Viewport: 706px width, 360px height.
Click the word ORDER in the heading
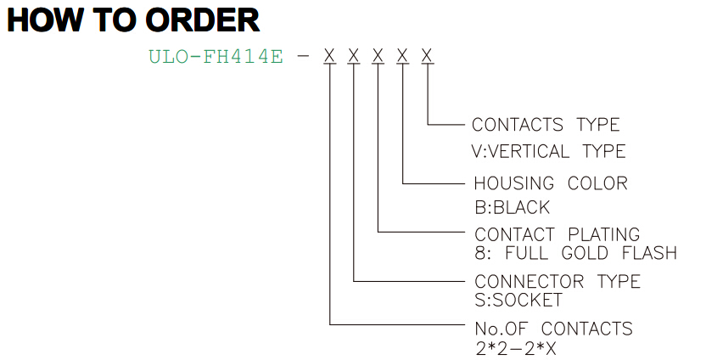point(203,20)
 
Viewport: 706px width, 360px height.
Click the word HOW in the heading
point(42,20)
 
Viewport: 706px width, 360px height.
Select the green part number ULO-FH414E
point(216,56)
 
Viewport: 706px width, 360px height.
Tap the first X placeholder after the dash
point(329,56)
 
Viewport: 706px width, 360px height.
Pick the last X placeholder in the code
point(427,56)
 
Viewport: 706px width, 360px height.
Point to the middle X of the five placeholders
point(378,56)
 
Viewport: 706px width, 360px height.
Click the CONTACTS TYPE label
point(546,124)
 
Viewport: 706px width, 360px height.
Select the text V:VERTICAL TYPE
point(548,151)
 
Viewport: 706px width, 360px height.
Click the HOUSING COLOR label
point(551,183)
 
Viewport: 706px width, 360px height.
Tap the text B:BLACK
point(512,207)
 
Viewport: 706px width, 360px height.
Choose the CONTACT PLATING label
point(557,234)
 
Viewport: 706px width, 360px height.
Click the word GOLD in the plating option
point(585,253)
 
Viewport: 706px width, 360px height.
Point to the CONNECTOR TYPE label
point(558,281)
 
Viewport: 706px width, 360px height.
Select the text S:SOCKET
point(518,300)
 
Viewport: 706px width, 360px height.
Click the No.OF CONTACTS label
point(554,329)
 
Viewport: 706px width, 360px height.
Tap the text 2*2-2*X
point(516,348)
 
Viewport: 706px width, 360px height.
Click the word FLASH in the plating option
point(649,253)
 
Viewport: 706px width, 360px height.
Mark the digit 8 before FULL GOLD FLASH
point(480,253)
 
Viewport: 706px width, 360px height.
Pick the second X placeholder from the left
point(354,56)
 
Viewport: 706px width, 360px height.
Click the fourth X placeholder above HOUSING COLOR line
point(402,56)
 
